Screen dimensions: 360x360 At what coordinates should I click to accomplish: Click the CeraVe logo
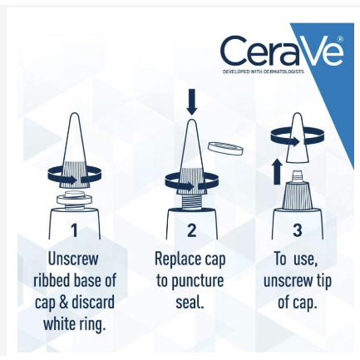pos(281,52)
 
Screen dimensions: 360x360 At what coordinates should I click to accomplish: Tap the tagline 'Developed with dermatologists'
pos(263,72)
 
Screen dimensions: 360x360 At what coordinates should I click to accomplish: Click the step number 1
pos(73,229)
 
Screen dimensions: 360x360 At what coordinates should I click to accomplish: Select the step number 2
pos(191,229)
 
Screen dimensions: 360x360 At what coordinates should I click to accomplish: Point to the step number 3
pos(297,229)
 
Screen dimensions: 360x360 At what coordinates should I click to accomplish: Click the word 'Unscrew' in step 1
pos(73,259)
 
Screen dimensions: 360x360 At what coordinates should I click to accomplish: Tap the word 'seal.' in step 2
pos(190,302)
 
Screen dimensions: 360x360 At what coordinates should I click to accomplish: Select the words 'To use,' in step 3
pos(297,259)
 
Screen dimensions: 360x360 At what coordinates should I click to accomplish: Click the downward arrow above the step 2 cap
pos(192,101)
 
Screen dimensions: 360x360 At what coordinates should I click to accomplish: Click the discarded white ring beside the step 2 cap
pos(224,150)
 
